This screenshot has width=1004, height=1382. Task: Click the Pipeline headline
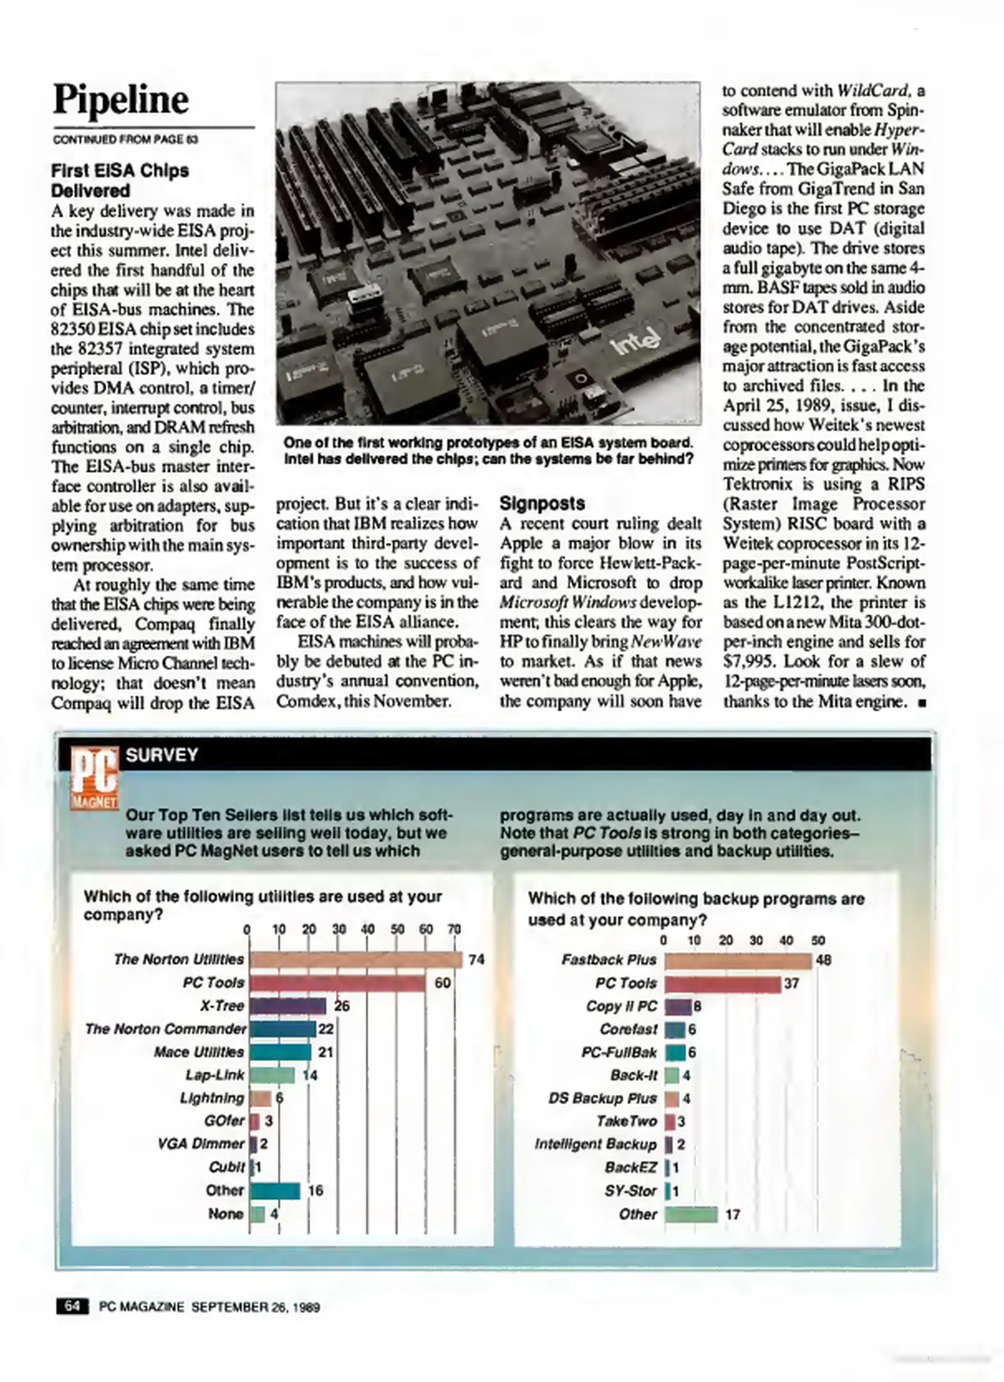click(121, 100)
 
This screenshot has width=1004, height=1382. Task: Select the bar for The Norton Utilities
click(355, 959)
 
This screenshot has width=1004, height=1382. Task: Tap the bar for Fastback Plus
click(737, 960)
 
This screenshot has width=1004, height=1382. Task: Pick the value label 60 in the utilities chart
click(443, 983)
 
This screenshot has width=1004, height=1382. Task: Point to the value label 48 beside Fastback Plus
click(824, 960)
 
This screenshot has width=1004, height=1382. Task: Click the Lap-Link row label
click(214, 1075)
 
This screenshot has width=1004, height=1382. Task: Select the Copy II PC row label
click(621, 1006)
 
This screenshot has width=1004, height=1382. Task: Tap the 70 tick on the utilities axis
click(454, 929)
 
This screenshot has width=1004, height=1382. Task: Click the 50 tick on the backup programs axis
click(818, 941)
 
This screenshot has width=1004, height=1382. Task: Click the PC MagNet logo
click(95, 777)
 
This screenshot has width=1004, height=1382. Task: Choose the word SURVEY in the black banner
click(162, 755)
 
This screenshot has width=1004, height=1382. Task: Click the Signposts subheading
click(542, 504)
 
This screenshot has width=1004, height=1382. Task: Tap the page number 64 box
click(72, 1307)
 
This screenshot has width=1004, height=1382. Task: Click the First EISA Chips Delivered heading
click(120, 180)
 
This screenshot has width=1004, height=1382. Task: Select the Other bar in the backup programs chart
click(691, 1214)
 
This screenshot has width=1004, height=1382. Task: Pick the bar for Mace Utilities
click(280, 1052)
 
